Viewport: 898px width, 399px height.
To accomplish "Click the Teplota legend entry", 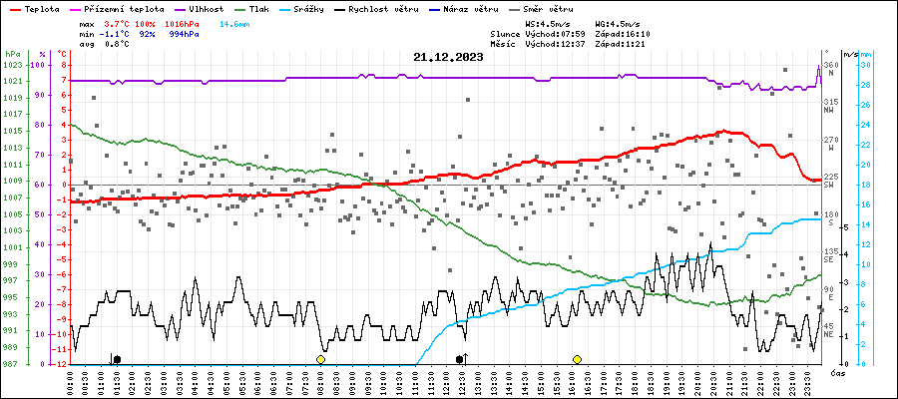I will pyautogui.click(x=41, y=7).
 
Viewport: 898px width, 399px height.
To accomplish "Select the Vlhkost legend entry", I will pyautogui.click(x=205, y=7).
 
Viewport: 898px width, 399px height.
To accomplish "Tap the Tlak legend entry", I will pyautogui.click(x=265, y=7).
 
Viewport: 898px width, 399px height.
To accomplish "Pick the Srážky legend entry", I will pyautogui.click(x=322, y=7).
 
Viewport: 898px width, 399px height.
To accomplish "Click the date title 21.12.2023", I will pyautogui.click(x=447, y=58).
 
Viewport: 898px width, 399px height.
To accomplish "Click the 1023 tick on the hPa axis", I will pyautogui.click(x=12, y=65).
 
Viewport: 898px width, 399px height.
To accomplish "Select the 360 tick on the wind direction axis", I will pyautogui.click(x=829, y=65).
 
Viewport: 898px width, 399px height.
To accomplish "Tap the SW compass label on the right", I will pyautogui.click(x=829, y=185).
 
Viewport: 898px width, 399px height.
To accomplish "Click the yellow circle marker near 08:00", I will pyautogui.click(x=320, y=359).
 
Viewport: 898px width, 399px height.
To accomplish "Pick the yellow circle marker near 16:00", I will pyautogui.click(x=577, y=359).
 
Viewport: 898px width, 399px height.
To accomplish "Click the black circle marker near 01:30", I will pyautogui.click(x=117, y=359).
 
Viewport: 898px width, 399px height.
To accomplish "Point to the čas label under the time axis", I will pyautogui.click(x=838, y=373).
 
